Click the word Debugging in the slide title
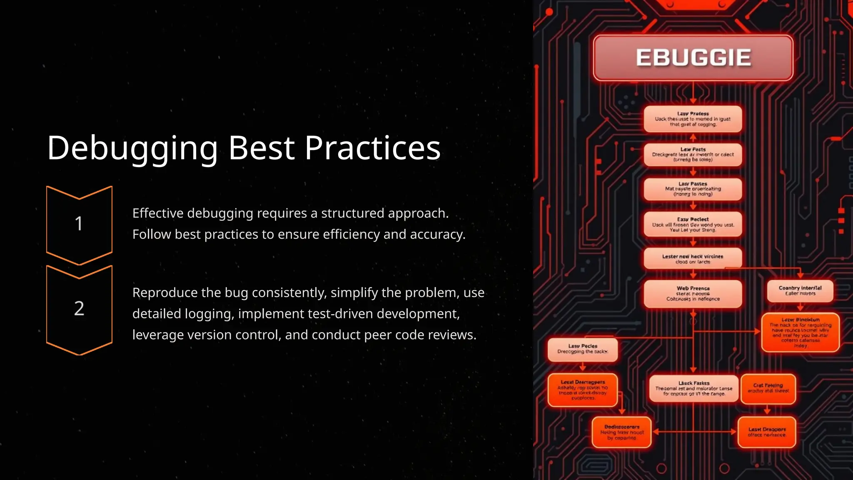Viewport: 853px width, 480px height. coord(132,148)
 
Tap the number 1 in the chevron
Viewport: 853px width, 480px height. coord(79,224)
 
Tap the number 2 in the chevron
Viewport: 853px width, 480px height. coord(79,308)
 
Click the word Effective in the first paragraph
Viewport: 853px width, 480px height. coord(158,213)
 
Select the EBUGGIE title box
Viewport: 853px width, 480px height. coord(693,57)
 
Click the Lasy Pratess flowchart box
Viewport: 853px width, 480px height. coord(693,119)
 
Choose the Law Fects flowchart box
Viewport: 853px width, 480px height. coord(693,155)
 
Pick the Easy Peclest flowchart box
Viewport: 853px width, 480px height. coord(693,224)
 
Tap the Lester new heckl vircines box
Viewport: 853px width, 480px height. coord(693,259)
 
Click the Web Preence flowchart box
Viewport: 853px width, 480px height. coord(693,294)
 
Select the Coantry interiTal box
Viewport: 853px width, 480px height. coord(800,290)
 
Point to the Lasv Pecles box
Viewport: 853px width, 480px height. coord(582,349)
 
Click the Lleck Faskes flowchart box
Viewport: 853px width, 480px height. coord(693,388)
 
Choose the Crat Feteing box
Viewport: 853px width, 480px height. coord(768,388)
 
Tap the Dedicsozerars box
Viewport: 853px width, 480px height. coord(621,432)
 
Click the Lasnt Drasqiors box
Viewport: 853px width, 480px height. coord(766,432)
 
